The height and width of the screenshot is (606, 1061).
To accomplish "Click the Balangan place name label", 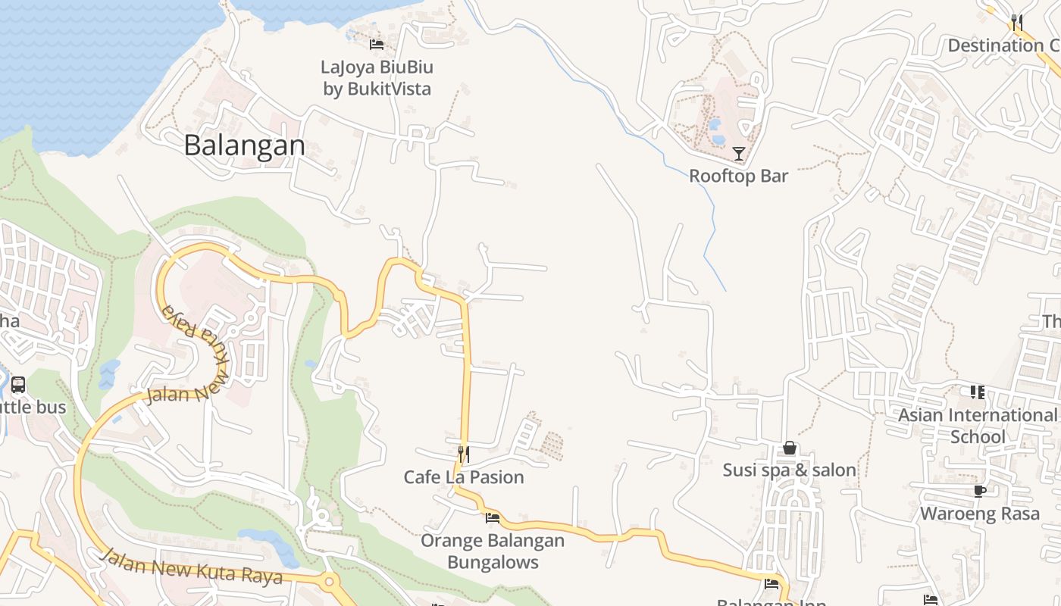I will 244,145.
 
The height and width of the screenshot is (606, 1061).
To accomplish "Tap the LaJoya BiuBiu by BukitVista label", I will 377,77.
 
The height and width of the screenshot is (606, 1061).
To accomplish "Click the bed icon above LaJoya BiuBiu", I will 376,44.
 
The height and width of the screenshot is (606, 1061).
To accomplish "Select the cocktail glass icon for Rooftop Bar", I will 738,153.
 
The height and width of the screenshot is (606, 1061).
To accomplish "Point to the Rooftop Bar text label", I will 738,176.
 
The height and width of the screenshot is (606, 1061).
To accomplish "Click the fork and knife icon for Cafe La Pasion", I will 464,454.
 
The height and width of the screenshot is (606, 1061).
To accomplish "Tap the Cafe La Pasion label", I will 464,476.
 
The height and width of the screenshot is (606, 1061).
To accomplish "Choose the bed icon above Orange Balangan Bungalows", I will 493,518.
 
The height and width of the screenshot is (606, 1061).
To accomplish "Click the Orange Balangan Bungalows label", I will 493,551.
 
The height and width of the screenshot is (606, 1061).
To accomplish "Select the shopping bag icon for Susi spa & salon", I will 790,448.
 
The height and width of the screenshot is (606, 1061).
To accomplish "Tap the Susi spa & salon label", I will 790,470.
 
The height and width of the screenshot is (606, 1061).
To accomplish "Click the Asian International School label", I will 978,426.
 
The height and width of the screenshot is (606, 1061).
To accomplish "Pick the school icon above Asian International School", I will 978,392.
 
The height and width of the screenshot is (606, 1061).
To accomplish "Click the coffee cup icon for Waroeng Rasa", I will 980,491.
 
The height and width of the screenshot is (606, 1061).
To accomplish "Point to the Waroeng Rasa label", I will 980,513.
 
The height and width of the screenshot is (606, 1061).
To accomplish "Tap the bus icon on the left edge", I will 18,385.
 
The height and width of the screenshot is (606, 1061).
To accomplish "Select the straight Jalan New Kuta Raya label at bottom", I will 192,567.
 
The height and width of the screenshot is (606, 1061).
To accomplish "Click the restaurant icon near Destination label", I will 1016,22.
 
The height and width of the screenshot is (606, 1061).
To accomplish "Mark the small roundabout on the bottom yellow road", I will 329,583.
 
